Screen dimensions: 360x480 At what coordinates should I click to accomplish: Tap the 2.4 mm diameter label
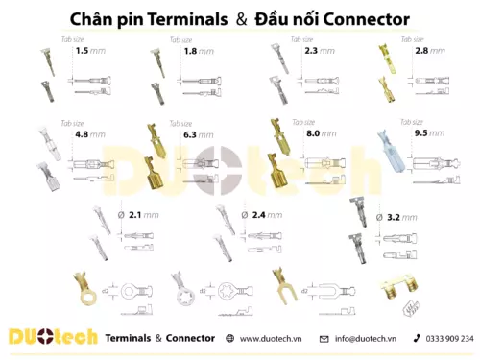point(261,216)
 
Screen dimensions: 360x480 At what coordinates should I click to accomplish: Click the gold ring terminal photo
point(87,289)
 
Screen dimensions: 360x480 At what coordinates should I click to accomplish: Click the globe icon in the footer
point(228,339)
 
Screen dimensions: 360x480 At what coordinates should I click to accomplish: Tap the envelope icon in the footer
point(324,339)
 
